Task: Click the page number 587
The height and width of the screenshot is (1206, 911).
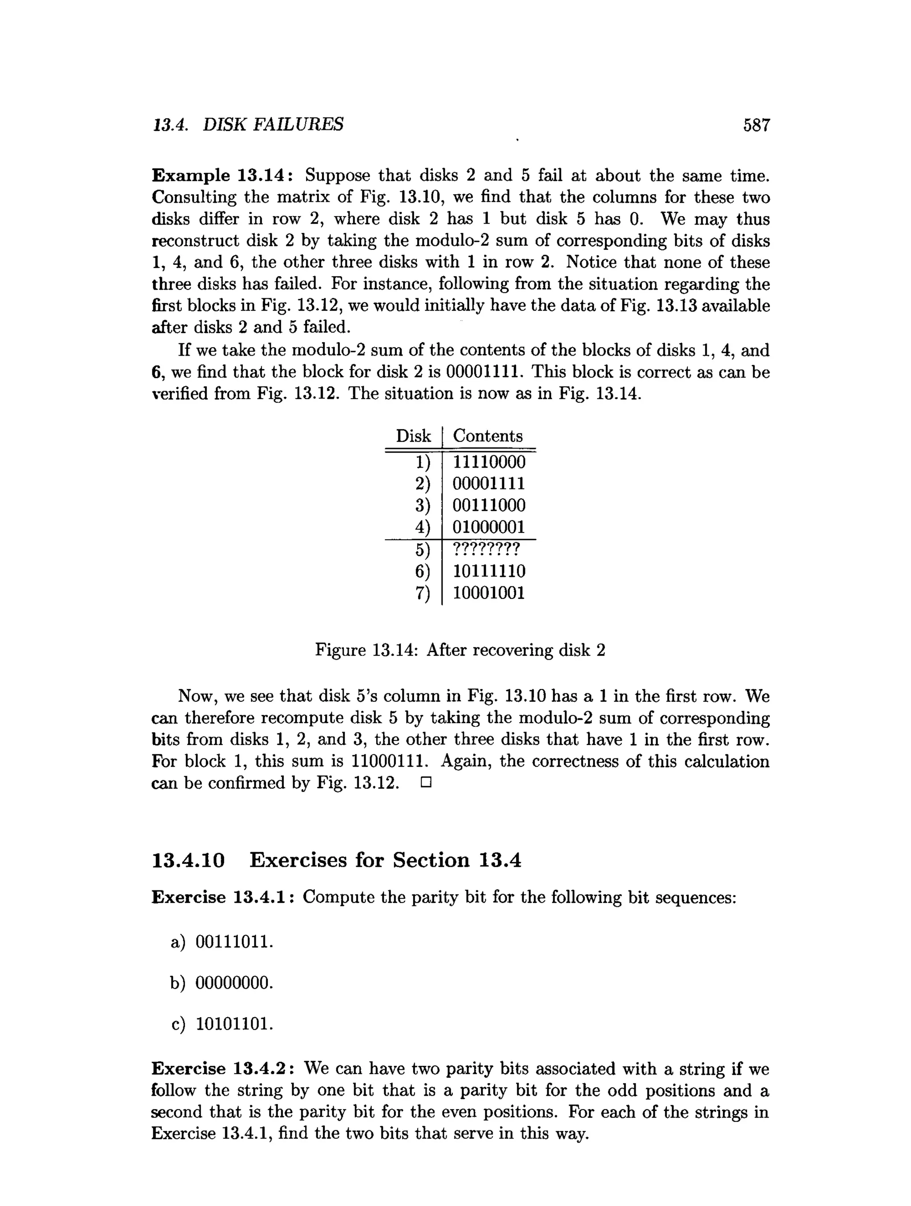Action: [x=756, y=125]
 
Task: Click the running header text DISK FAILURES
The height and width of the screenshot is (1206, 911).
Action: [x=273, y=125]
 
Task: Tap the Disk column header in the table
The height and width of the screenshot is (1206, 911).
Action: [x=413, y=436]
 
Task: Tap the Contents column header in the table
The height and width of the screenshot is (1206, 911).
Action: [x=487, y=436]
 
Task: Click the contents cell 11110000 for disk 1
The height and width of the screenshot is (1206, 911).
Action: [x=489, y=462]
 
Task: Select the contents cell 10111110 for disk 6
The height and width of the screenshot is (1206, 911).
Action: [x=489, y=571]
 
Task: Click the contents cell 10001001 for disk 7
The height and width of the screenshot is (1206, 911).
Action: [x=489, y=593]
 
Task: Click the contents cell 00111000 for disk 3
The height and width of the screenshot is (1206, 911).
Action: [x=489, y=505]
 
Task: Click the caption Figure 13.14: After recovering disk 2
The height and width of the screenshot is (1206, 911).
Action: [x=460, y=650]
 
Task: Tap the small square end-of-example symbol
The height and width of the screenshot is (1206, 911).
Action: [x=426, y=783]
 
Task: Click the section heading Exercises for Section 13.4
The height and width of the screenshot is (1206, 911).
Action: [x=385, y=860]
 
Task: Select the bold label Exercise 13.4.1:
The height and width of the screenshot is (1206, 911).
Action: [x=223, y=897]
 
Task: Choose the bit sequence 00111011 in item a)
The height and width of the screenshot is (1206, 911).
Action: [x=234, y=942]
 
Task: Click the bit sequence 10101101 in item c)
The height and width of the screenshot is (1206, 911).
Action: [x=234, y=1025]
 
